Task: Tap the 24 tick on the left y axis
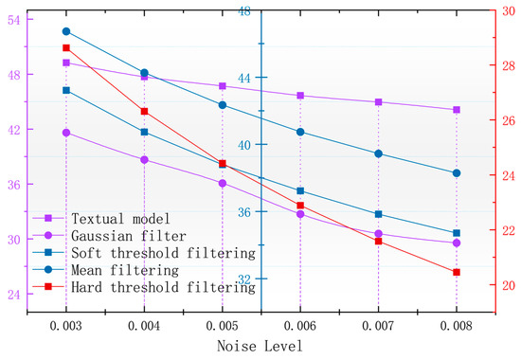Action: coord(17,295)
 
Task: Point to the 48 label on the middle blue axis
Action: coord(243,11)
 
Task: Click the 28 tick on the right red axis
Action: coord(509,65)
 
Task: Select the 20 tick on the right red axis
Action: coord(509,285)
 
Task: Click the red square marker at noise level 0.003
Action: coord(66,48)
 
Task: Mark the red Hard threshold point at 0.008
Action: coord(457,273)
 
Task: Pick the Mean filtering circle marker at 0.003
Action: coord(66,31)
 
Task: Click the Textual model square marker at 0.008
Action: coord(457,110)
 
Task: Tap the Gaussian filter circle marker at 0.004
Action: coord(144,160)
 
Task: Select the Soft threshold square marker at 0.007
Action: coord(378,214)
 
